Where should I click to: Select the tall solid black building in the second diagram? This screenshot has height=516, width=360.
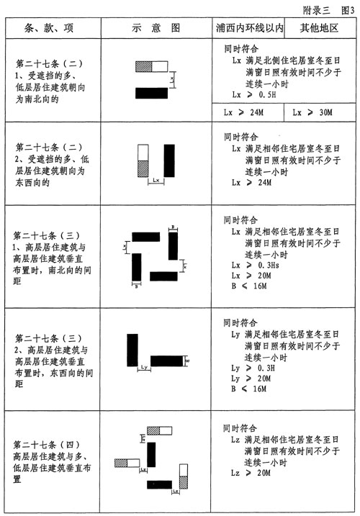tap(170, 163)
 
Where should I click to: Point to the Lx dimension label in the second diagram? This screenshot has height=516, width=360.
tap(156, 181)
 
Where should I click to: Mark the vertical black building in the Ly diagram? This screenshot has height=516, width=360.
tap(132, 351)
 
